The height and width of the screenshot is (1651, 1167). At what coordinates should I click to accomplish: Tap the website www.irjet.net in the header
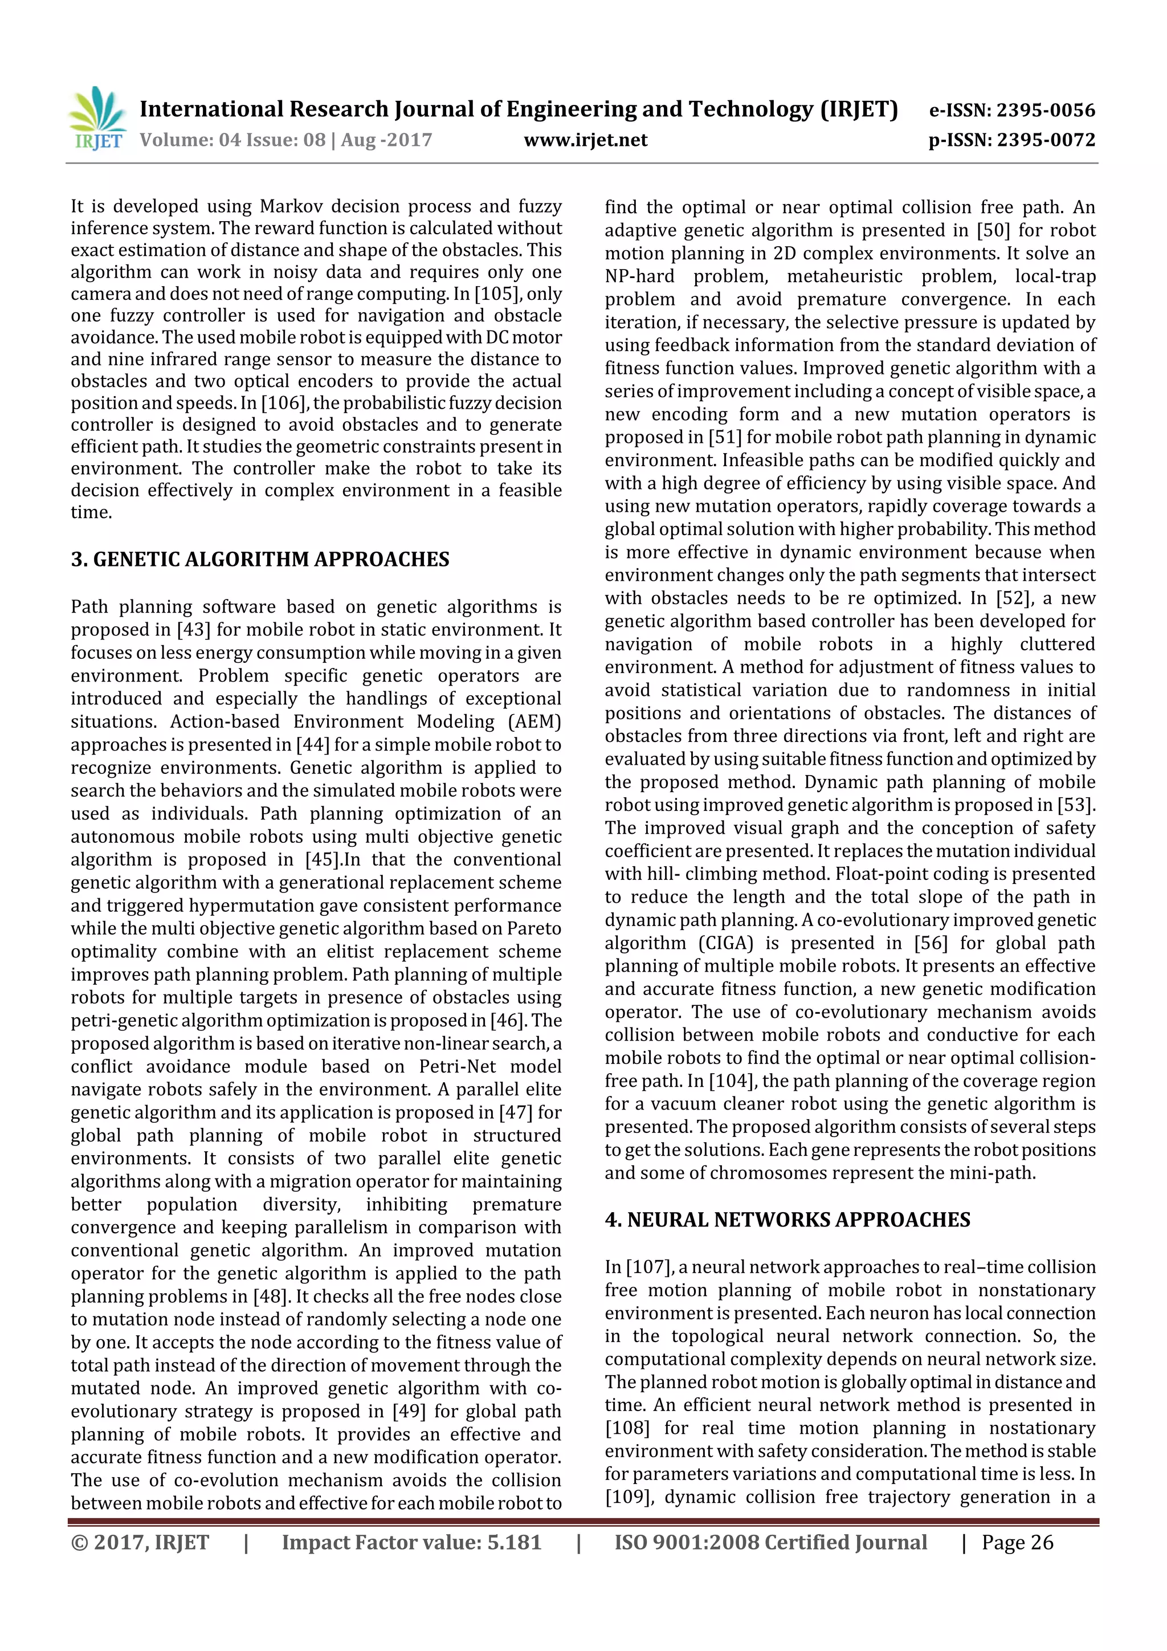point(585,140)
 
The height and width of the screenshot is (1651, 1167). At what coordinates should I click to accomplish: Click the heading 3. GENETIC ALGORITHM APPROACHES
point(260,560)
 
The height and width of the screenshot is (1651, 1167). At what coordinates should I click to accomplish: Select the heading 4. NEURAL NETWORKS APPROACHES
point(787,1220)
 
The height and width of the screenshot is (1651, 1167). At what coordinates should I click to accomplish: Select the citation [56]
point(931,943)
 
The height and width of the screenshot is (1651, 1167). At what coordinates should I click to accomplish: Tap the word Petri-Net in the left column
point(458,1066)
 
